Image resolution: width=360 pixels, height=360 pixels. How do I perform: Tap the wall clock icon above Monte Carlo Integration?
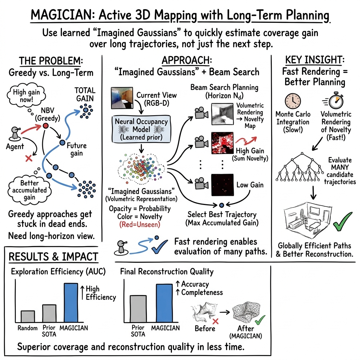point(292,101)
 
